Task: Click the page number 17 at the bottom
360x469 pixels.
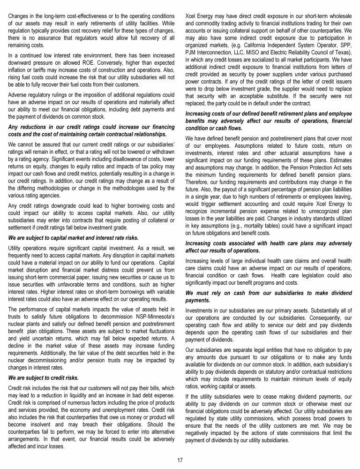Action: [180, 460]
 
